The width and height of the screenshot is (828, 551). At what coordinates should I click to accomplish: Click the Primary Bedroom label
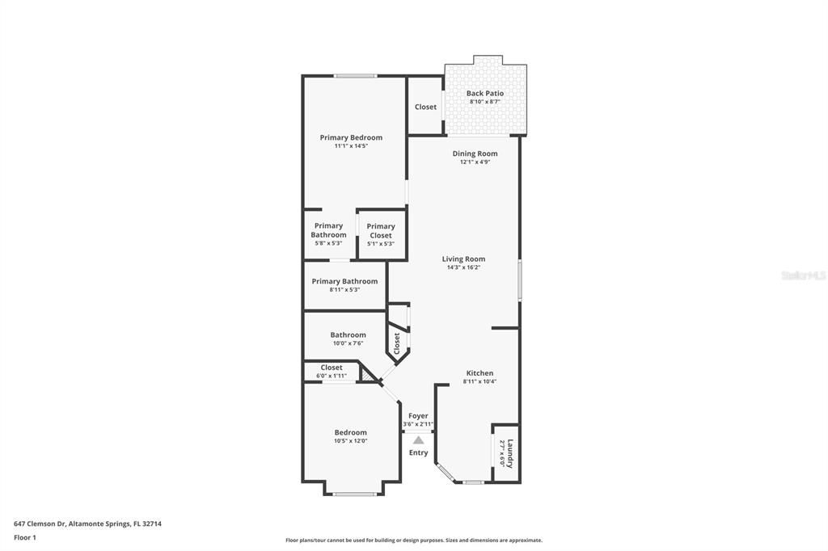(351, 137)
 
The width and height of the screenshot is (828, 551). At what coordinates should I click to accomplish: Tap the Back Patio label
(485, 94)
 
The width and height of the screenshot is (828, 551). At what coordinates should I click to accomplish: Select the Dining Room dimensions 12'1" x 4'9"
(475, 162)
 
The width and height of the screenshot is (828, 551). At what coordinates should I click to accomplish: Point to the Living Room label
(463, 259)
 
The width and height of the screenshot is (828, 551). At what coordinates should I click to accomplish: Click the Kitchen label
(479, 373)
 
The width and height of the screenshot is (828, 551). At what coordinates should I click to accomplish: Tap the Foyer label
(418, 416)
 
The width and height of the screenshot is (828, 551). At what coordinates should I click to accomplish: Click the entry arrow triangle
(418, 440)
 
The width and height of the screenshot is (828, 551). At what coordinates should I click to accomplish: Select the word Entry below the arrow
(418, 452)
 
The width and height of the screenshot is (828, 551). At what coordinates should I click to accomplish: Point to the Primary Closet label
(381, 231)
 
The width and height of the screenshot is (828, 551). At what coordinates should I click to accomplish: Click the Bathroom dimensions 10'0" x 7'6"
(348, 343)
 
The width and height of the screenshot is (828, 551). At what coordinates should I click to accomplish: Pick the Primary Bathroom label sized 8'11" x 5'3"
(344, 281)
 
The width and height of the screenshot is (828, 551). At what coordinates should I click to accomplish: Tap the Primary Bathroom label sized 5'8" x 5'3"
(328, 230)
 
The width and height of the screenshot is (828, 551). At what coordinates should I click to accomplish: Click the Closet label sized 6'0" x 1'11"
(332, 368)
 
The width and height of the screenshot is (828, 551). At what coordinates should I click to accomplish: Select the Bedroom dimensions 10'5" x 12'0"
(351, 441)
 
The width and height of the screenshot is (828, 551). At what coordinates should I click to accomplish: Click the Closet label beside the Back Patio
(425, 107)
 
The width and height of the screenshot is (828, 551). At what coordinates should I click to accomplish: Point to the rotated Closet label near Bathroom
(397, 343)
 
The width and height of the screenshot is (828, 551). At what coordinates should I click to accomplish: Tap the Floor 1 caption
(25, 536)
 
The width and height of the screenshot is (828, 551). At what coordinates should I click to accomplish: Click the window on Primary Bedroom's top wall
(356, 76)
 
